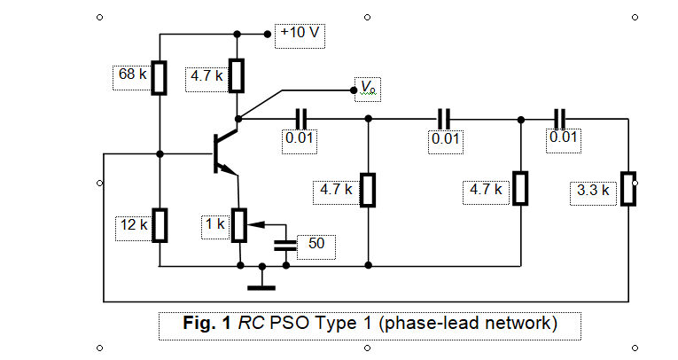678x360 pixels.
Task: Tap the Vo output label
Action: pyautogui.click(x=368, y=86)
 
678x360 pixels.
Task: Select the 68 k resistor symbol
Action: pyautogui.click(x=160, y=77)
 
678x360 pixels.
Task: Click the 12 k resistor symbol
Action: pyautogui.click(x=160, y=225)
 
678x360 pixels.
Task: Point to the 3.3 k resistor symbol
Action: pyautogui.click(x=628, y=189)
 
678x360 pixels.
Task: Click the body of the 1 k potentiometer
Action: pyautogui.click(x=238, y=225)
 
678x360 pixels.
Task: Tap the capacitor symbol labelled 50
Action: pyautogui.click(x=284, y=243)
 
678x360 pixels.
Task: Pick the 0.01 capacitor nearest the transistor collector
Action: pyautogui.click(x=300, y=117)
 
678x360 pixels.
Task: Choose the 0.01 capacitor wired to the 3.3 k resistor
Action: pyautogui.click(x=558, y=117)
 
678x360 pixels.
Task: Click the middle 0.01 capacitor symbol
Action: pyautogui.click(x=444, y=117)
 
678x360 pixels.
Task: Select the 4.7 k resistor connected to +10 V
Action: pyautogui.click(x=238, y=76)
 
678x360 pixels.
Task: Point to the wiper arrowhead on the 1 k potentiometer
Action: pyautogui.click(x=247, y=225)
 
